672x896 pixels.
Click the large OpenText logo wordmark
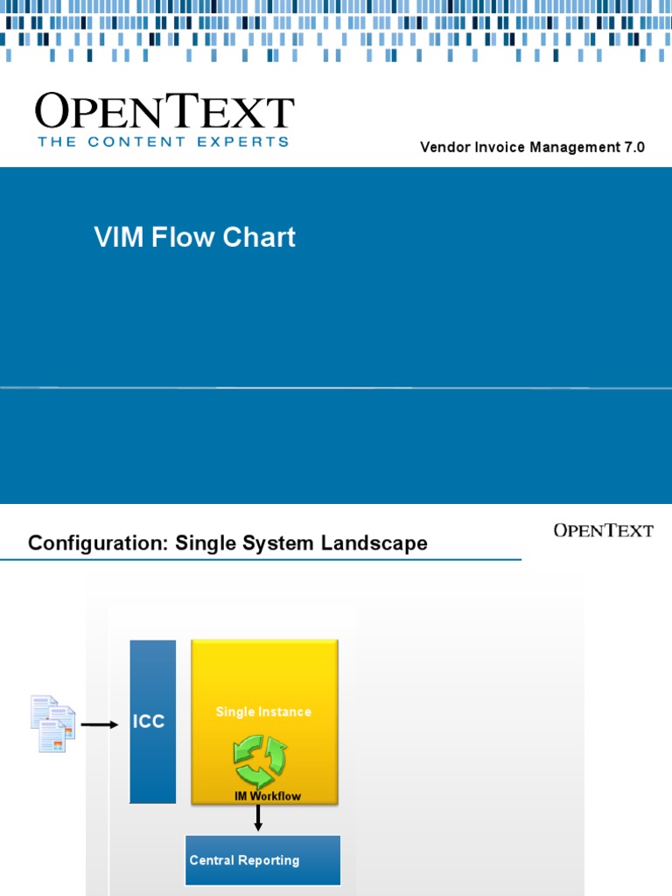(x=164, y=113)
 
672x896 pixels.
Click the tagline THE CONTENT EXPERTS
(x=163, y=142)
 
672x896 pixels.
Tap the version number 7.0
(x=634, y=147)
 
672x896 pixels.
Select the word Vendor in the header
(x=444, y=147)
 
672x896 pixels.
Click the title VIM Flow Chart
(x=194, y=237)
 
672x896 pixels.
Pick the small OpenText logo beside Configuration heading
(x=603, y=530)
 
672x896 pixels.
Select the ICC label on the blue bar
(x=148, y=723)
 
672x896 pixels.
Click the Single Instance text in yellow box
(x=263, y=712)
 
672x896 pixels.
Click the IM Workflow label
(x=267, y=796)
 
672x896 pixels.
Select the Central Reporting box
(x=262, y=860)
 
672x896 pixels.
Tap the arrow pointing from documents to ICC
(x=100, y=724)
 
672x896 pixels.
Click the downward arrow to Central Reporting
(x=258, y=818)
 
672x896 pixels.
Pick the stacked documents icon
(x=52, y=724)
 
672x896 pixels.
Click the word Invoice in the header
(x=499, y=147)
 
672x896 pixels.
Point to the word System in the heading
(x=281, y=543)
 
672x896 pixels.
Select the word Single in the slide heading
(x=206, y=543)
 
